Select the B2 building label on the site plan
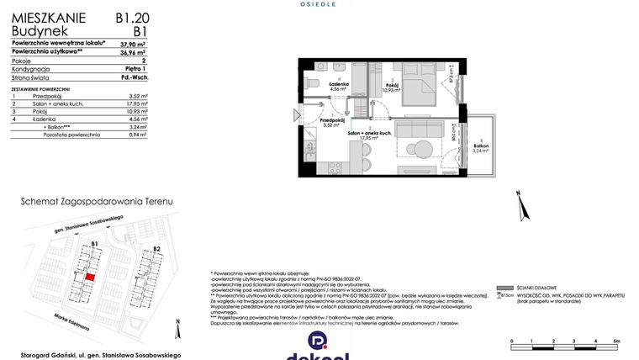(156, 249)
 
